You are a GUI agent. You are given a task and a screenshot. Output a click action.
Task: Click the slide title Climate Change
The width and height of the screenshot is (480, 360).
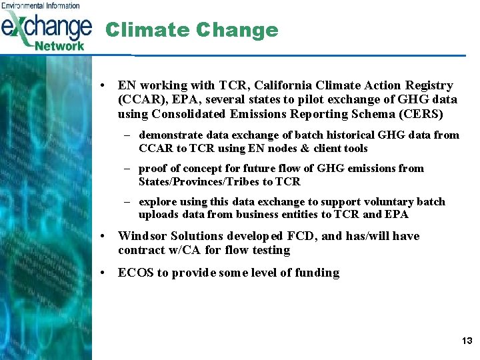pyautogui.click(x=191, y=30)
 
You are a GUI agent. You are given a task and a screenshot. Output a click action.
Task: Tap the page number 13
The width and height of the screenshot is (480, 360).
pyautogui.click(x=467, y=341)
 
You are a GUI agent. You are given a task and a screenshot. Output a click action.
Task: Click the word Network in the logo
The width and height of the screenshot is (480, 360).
pyautogui.click(x=60, y=46)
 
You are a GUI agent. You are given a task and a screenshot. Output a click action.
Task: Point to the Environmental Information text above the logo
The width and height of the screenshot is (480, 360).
pyautogui.click(x=41, y=5)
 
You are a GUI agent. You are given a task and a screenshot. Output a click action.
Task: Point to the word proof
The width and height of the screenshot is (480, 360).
pyautogui.click(x=153, y=168)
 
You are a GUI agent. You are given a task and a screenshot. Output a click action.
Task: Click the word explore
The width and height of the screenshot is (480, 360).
pyautogui.click(x=157, y=201)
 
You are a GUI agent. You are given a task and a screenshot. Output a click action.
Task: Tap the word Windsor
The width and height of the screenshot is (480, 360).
pyautogui.click(x=143, y=236)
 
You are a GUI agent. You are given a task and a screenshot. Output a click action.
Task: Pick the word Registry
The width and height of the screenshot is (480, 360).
pyautogui.click(x=429, y=85)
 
